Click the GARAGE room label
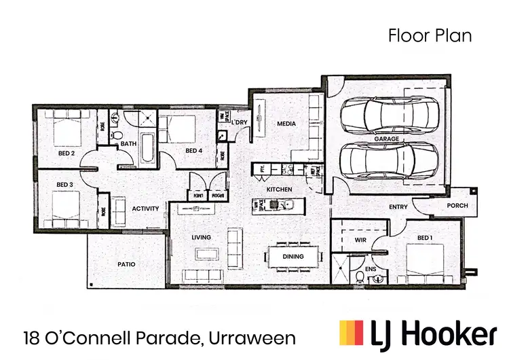386,139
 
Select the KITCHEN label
279,188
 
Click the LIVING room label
201,237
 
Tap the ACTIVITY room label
146,209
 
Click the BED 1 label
424,238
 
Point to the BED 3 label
64,184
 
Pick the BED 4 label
194,150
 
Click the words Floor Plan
430,36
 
